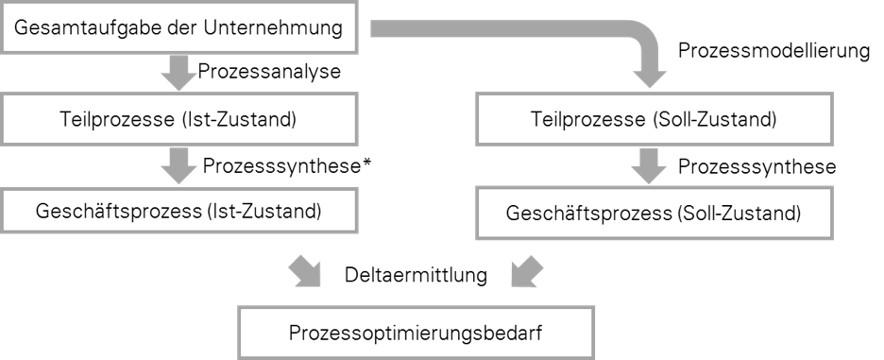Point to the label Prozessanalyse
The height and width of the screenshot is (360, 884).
tap(269, 72)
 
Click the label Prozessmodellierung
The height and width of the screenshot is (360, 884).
tap(773, 51)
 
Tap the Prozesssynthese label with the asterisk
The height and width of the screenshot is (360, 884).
tap(287, 166)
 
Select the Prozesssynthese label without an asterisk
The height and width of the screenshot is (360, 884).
tap(756, 166)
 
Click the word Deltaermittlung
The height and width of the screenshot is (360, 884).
tap(416, 275)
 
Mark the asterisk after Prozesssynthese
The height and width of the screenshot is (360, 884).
tap(367, 163)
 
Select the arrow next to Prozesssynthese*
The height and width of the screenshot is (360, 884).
tap(178, 166)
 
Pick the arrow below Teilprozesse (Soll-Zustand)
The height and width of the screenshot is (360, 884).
tap(648, 166)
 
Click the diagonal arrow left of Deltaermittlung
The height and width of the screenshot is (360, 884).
tap(304, 271)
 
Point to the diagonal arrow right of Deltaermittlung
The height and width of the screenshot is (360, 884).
tap(527, 271)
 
